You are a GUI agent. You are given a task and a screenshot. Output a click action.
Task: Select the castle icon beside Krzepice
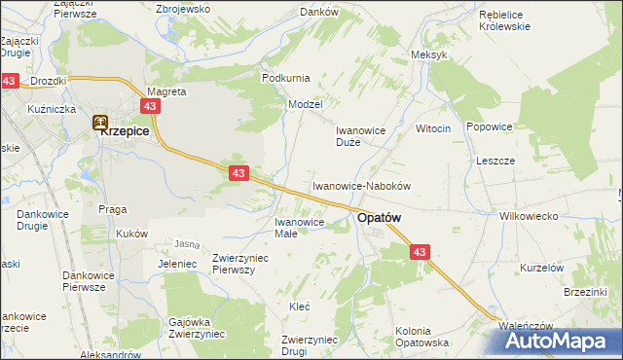[99, 123]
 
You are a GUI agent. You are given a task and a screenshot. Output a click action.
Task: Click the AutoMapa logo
[564, 341]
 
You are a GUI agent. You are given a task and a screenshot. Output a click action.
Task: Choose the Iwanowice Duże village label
[362, 135]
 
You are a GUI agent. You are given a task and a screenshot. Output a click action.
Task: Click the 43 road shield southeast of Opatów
[420, 252]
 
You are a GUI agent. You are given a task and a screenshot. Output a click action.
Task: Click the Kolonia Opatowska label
[421, 337]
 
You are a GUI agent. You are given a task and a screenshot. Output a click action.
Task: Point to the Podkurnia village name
[285, 77]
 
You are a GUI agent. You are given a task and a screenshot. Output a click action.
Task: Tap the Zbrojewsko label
[183, 9]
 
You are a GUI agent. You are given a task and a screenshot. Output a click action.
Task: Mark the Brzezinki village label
[586, 291]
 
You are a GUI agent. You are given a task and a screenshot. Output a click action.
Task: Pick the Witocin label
[433, 129]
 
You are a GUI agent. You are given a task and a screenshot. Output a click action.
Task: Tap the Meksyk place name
[429, 54]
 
